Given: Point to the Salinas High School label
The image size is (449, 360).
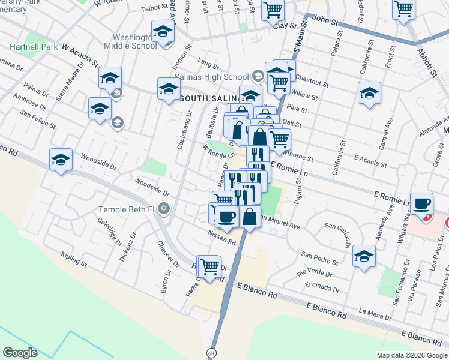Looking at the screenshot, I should [211, 77].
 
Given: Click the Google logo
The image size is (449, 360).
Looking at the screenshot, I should [20, 353].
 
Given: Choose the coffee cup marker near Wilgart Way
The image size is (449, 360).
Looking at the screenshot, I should [422, 203].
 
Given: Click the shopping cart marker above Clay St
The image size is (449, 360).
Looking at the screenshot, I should [273, 10].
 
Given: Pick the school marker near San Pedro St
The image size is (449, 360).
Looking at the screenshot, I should [364, 256].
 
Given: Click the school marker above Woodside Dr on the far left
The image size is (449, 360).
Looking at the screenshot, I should [61, 160].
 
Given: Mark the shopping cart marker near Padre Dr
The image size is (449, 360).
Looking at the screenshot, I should [209, 265].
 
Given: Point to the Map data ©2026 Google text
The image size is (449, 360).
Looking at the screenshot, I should [412, 355].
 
